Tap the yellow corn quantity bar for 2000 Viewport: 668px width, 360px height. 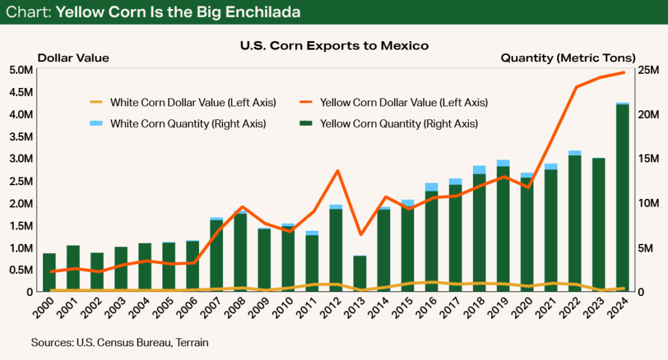click(x=49, y=273)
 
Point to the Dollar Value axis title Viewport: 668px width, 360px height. click(x=73, y=58)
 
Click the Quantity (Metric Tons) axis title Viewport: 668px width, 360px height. click(x=568, y=58)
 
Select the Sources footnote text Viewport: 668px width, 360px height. click(x=119, y=341)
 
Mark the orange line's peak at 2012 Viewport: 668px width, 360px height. click(x=337, y=171)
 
